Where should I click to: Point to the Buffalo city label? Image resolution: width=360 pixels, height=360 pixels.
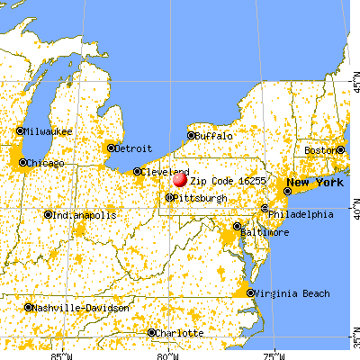(x=214, y=136)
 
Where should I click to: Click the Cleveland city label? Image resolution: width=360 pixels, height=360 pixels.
(x=166, y=171)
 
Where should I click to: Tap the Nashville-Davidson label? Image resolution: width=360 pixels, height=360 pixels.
(x=76, y=307)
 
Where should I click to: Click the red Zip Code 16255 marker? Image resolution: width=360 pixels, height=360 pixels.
(x=180, y=180)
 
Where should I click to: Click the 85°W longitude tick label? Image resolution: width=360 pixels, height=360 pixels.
(x=62, y=354)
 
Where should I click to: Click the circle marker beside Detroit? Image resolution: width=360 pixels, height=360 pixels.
(x=112, y=148)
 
